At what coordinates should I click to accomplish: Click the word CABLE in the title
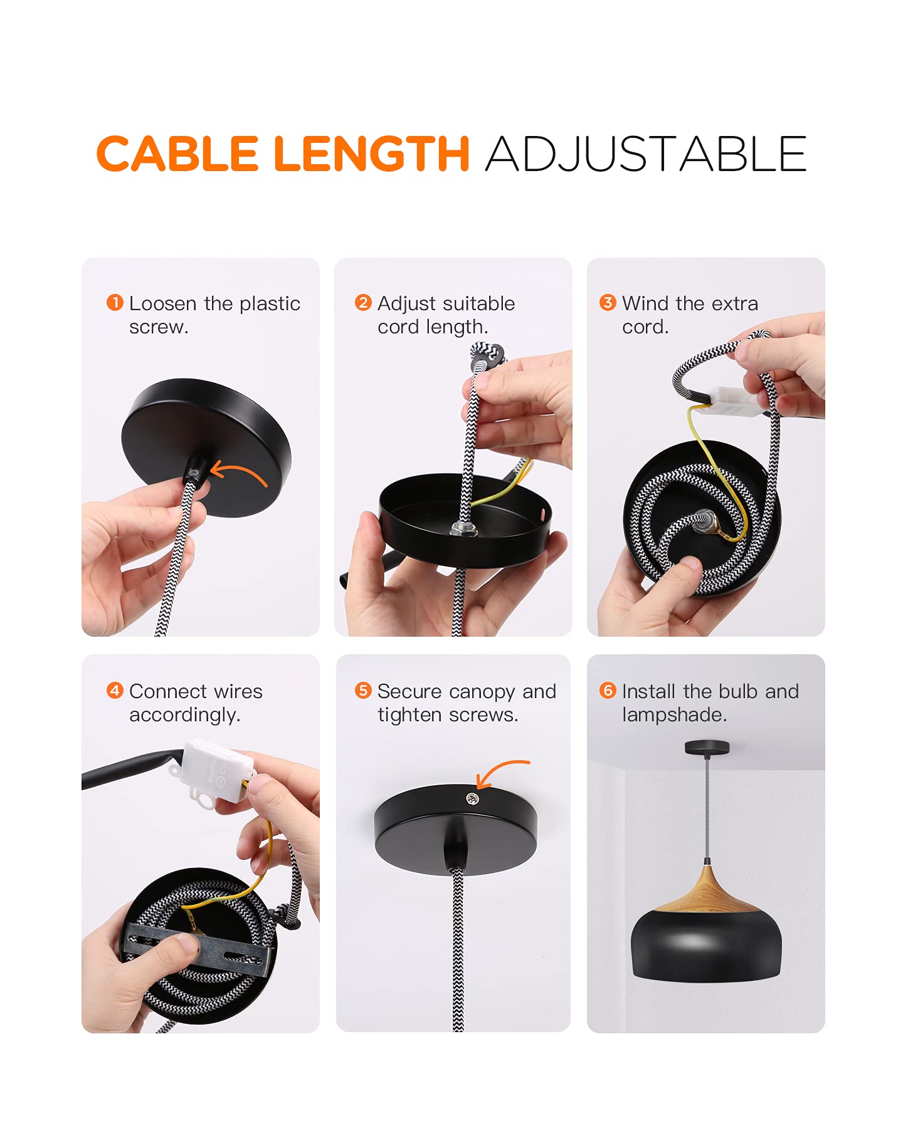(177, 154)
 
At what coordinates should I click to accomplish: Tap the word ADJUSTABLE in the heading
(646, 154)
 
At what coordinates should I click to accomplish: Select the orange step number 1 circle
(115, 303)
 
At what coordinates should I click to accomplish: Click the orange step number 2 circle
(363, 303)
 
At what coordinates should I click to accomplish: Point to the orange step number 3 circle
(608, 303)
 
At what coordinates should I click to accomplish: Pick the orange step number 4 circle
(115, 691)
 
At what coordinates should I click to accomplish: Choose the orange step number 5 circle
(363, 691)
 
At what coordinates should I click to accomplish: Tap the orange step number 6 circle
(608, 691)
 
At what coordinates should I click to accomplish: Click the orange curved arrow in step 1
(241, 467)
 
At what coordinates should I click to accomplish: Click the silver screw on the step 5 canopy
(472, 798)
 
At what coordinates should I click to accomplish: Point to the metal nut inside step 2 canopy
(463, 528)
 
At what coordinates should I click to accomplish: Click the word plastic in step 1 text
(270, 304)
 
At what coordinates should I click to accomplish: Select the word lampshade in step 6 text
(675, 715)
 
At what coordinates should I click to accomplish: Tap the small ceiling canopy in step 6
(707, 747)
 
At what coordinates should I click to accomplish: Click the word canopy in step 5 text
(482, 692)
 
